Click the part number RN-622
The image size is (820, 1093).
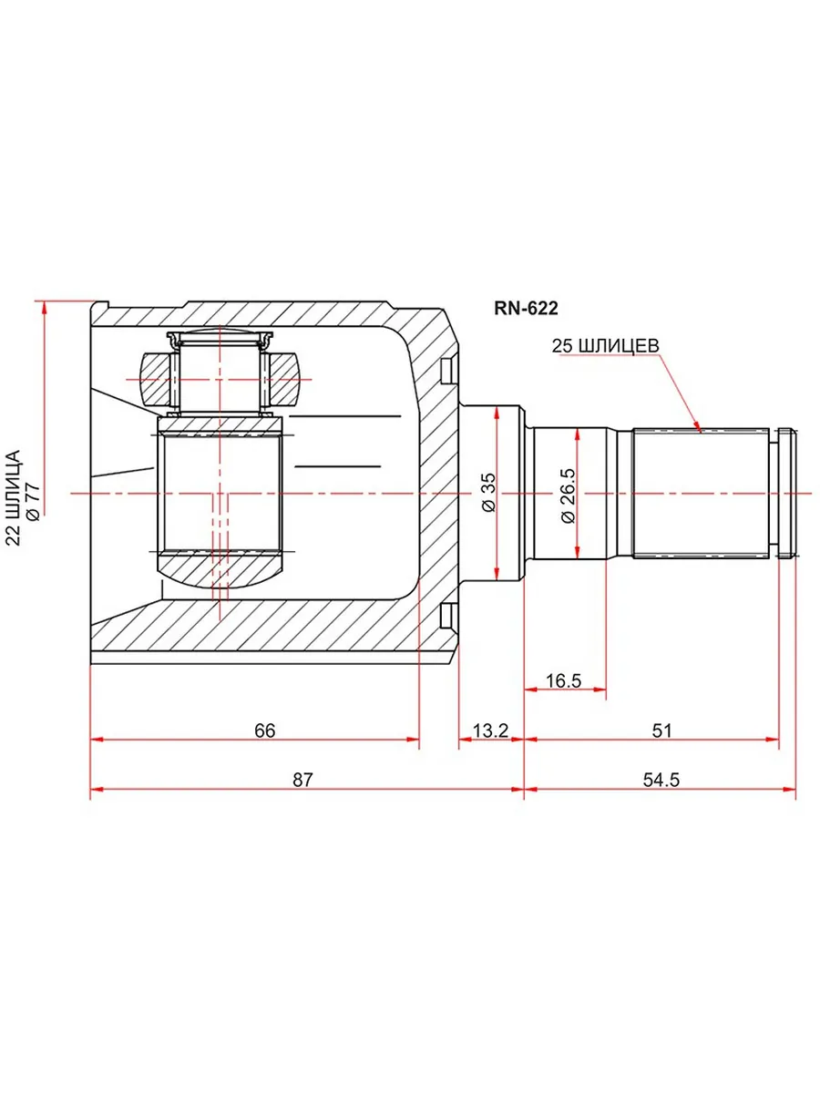click(x=526, y=309)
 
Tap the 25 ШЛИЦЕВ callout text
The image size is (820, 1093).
click(x=605, y=345)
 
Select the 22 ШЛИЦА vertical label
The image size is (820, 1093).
click(x=14, y=497)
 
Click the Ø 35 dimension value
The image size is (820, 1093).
click(x=489, y=492)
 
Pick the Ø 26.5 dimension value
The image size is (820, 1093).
click(x=568, y=495)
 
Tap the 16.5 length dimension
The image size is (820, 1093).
click(x=563, y=680)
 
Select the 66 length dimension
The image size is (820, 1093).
click(x=264, y=730)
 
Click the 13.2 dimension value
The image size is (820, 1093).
click(x=490, y=730)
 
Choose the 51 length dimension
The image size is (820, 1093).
click(x=661, y=730)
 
